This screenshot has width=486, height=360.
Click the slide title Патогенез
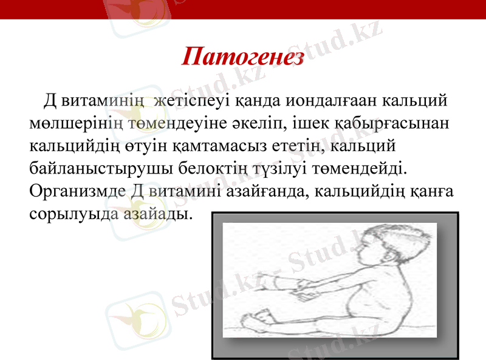click(242, 57)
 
